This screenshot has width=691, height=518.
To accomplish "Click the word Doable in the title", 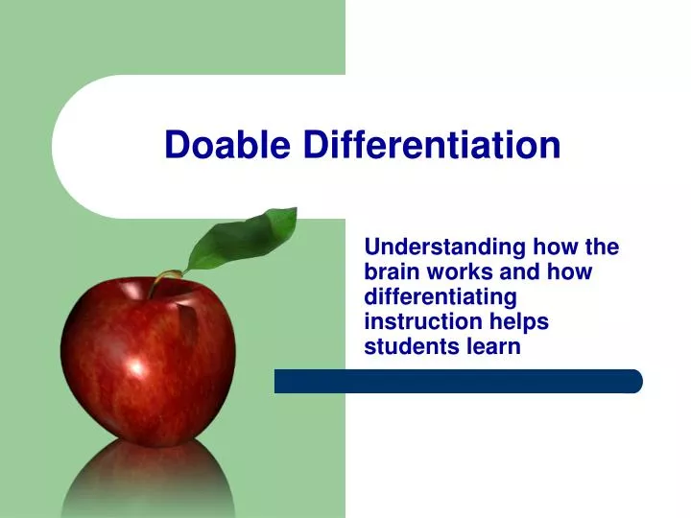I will point(229,145).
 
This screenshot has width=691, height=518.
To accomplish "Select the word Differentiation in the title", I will point(432,145).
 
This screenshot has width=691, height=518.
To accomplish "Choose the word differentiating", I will point(441,297).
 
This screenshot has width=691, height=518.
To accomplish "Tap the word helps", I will point(518,322).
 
